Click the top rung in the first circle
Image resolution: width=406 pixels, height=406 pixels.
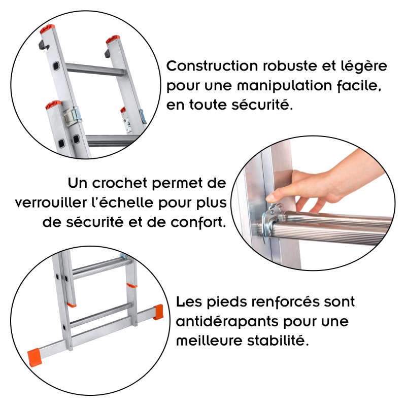click(96, 70)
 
